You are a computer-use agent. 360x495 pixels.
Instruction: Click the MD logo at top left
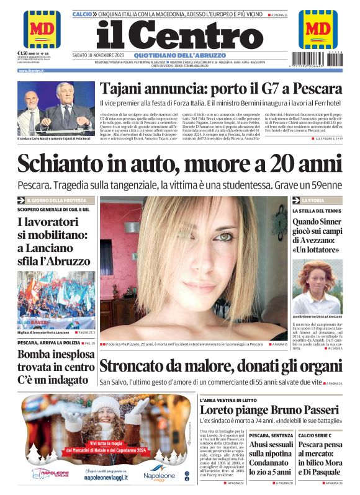(x=42, y=29)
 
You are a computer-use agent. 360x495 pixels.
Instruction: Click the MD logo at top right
(x=318, y=29)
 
